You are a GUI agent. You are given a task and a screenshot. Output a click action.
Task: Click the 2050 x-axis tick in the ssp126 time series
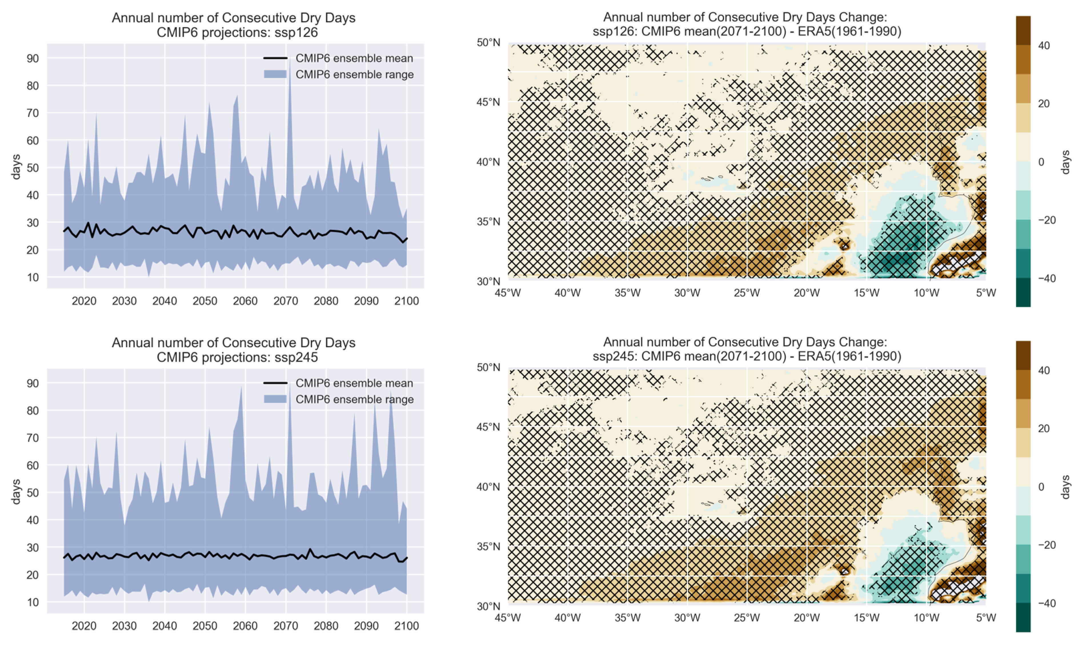[205, 301]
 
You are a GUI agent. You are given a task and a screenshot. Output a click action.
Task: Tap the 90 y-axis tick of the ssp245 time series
[33, 383]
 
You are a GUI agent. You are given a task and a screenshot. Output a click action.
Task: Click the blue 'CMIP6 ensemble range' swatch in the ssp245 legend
[275, 399]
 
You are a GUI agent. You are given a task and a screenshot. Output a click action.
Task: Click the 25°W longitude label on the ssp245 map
[747, 617]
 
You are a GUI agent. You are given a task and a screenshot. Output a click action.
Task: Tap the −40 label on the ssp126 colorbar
[1046, 278]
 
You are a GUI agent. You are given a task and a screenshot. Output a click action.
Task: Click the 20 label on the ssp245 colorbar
[1044, 428]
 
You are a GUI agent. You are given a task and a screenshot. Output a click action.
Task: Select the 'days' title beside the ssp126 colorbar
[1065, 162]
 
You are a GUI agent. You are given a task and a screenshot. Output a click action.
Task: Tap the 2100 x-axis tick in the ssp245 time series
[406, 626]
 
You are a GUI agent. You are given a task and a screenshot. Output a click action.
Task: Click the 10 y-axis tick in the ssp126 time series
[33, 277]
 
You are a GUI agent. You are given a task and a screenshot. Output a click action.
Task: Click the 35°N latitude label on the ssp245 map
[488, 546]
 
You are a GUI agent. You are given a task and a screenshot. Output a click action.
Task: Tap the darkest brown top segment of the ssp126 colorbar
[1023, 31]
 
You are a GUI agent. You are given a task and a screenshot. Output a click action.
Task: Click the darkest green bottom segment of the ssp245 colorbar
[1023, 617]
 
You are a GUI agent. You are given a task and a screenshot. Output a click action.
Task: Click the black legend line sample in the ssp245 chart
[275, 383]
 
